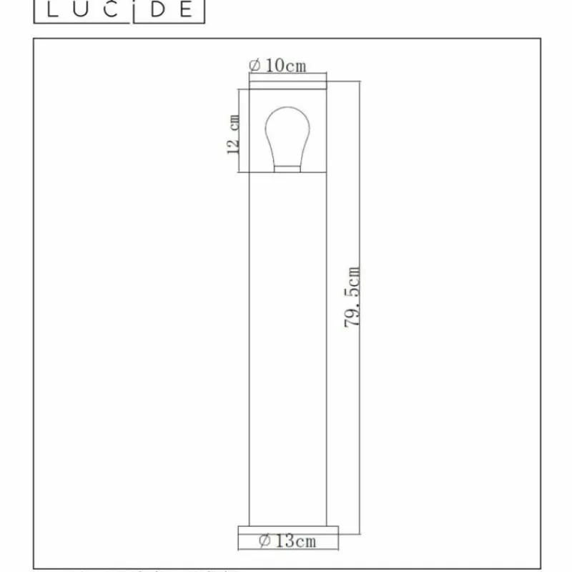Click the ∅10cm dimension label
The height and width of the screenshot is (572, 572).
click(x=277, y=66)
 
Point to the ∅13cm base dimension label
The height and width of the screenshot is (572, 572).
click(x=287, y=541)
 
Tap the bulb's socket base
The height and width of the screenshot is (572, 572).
click(x=287, y=168)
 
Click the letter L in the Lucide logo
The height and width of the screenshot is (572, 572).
click(x=52, y=10)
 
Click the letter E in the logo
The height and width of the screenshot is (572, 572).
click(x=184, y=10)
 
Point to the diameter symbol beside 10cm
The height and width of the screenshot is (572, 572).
click(x=254, y=66)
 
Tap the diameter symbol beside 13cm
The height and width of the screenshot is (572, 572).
click(x=264, y=541)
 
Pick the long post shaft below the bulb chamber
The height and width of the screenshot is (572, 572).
click(x=287, y=343)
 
